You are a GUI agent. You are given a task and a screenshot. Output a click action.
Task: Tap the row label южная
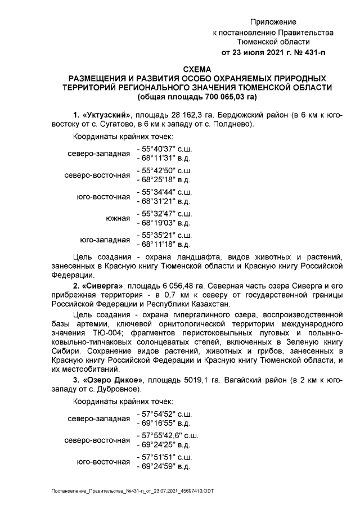(x=118, y=218)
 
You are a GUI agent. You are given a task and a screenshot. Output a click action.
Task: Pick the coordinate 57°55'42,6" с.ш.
(x=170, y=435)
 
